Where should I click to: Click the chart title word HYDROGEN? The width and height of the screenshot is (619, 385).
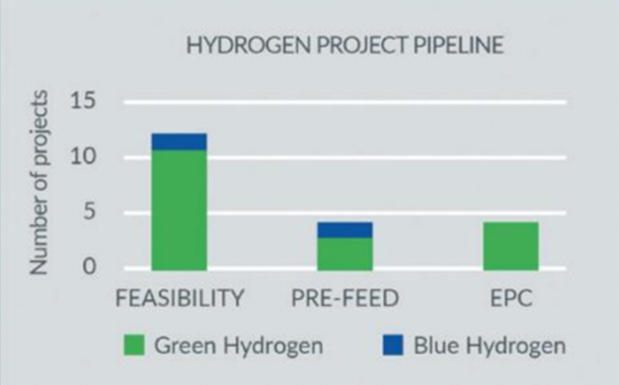click(x=249, y=45)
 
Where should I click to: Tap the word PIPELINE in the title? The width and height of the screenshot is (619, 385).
click(x=459, y=45)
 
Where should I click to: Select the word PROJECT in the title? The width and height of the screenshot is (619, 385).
click(x=362, y=45)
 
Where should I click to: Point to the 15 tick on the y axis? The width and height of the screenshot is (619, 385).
click(x=83, y=100)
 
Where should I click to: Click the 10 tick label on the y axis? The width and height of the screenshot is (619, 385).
click(x=83, y=156)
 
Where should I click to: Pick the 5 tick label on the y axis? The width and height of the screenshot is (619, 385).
click(x=89, y=212)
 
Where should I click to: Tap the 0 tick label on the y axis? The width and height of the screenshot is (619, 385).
click(x=89, y=267)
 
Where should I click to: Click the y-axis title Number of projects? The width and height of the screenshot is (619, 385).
click(x=39, y=183)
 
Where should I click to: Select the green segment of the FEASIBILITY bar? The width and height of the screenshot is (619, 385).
click(x=179, y=210)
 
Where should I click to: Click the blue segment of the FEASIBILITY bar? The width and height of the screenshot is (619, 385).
click(x=179, y=142)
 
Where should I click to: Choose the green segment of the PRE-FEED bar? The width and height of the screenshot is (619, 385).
click(x=345, y=254)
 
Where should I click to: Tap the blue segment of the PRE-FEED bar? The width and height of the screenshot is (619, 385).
click(x=345, y=230)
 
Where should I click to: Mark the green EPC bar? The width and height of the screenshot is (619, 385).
click(x=511, y=246)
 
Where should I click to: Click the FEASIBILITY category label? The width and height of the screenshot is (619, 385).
click(x=180, y=298)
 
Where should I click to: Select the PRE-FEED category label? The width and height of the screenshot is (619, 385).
click(x=345, y=298)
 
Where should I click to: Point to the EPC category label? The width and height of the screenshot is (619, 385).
click(x=511, y=298)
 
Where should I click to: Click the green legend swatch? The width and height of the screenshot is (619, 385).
click(x=135, y=345)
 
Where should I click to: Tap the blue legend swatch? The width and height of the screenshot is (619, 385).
click(x=393, y=345)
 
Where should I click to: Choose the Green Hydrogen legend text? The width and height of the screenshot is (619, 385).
click(x=239, y=346)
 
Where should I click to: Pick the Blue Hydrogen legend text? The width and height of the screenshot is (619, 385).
click(x=489, y=346)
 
